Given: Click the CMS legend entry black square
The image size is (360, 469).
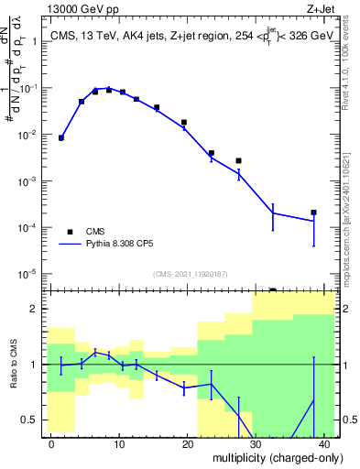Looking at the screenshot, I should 70,232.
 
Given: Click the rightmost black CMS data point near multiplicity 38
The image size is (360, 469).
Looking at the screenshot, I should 313,213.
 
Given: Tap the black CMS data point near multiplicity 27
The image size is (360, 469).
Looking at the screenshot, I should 238,160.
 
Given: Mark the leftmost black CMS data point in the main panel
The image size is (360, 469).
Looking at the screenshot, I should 61,137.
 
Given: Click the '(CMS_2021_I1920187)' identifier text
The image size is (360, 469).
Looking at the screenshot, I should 190,274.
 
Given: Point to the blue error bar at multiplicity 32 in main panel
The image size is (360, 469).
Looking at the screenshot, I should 273,213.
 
